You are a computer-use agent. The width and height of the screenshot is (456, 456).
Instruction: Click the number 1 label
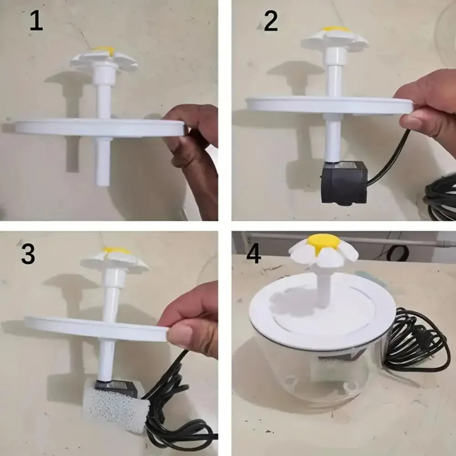pyautogui.click(x=36, y=21)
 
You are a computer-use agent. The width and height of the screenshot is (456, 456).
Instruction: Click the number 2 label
pyautogui.click(x=271, y=21)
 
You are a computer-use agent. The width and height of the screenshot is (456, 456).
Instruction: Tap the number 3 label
pyautogui.click(x=28, y=254)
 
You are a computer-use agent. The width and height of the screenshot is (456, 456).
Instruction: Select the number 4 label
pyautogui.click(x=254, y=254)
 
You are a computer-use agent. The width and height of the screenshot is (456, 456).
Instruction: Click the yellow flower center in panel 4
pyautogui.click(x=324, y=242)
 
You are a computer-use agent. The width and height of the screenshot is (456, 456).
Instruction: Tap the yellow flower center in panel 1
pyautogui.click(x=104, y=50)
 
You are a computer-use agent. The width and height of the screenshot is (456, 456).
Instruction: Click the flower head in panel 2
pyautogui.click(x=335, y=37)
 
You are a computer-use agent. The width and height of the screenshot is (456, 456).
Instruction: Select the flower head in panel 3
pyautogui.click(x=115, y=259)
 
